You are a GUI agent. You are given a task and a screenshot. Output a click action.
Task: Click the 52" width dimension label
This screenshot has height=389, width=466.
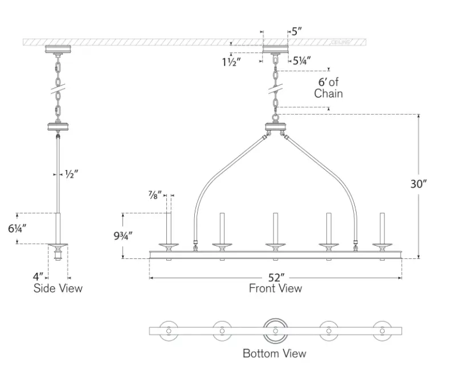point(276,278)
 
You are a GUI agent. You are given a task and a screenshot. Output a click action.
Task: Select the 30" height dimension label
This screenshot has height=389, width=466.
point(418,184)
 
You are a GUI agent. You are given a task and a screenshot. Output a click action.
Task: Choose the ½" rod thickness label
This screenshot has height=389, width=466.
point(70,174)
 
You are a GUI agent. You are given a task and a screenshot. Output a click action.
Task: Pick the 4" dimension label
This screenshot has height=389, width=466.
point(38,277)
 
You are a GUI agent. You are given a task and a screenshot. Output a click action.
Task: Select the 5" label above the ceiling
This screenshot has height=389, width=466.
point(296,32)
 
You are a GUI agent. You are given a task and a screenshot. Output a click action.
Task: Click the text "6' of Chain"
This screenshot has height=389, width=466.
point(328,88)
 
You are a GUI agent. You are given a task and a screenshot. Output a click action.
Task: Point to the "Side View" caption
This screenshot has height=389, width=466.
point(58,288)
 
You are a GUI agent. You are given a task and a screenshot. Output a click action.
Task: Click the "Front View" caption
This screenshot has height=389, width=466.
point(275,289)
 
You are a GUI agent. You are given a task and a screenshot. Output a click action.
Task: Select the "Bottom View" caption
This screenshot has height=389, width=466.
point(274,354)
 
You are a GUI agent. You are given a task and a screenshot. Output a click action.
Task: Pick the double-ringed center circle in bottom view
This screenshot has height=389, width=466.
point(275,330)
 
